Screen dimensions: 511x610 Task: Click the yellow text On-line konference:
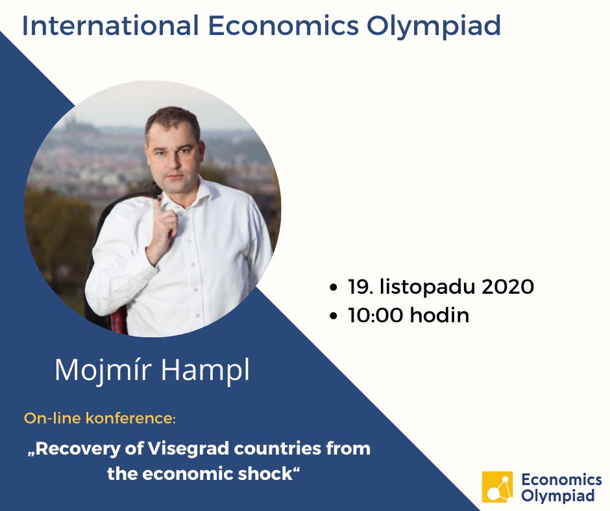(x=100, y=418)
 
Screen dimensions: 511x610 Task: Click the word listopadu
(x=424, y=286)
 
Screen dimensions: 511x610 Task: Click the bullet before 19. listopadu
(x=334, y=287)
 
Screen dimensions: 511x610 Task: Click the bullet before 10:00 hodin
(x=334, y=317)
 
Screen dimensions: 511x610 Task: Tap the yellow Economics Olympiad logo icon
(x=497, y=487)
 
